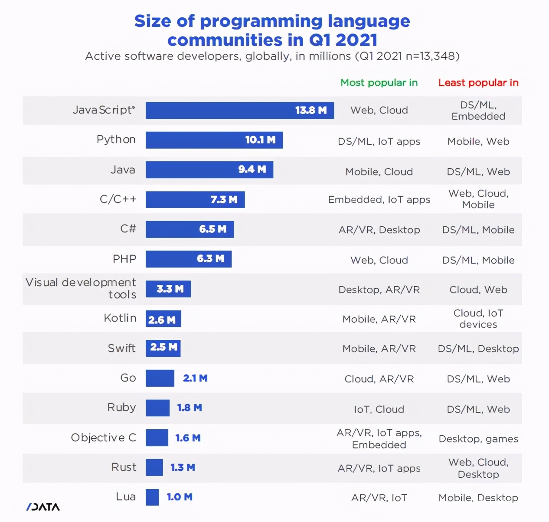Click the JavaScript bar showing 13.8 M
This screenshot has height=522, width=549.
pos(239,111)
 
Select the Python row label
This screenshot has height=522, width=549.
pos(116,140)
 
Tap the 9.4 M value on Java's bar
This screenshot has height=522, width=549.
pos(252,170)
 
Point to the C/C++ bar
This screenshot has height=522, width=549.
pos(195,200)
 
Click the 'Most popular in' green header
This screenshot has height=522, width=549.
pos(379,83)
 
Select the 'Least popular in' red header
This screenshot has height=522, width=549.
pos(478,83)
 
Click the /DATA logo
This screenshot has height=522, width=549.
pos(43,507)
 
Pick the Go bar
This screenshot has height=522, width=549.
pos(160,378)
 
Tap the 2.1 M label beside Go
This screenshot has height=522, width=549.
pos(195,378)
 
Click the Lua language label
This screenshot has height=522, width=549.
pos(126,497)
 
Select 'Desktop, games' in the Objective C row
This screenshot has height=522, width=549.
pos(478,439)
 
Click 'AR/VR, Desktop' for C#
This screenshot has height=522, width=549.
pos(379,230)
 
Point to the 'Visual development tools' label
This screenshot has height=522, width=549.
pos(81,288)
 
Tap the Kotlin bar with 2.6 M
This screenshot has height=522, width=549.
pos(163,319)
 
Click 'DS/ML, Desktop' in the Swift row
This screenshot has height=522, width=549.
pos(478,349)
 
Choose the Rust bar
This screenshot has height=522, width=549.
pos(154,468)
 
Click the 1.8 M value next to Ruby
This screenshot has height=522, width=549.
pos(190,408)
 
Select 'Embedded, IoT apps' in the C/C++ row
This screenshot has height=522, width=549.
pos(379,200)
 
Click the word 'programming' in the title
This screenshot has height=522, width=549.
pos(261,21)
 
